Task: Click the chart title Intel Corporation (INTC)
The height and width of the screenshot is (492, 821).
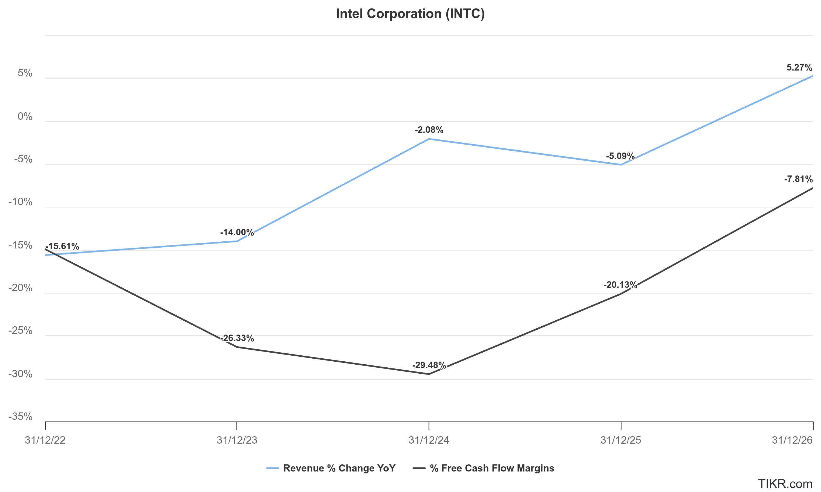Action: pos(410,14)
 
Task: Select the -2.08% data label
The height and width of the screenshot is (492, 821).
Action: pos(429,130)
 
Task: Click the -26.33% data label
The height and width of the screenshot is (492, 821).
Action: pos(237,338)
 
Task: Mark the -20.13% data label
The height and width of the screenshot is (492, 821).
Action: pos(620,285)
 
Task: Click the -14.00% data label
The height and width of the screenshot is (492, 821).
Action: pos(237,232)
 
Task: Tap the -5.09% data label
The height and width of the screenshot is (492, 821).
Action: pos(620,156)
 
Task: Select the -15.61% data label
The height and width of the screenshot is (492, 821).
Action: pos(62,247)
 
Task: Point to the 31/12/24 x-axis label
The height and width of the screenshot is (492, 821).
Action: pos(429,440)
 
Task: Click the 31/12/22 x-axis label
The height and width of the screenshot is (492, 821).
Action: pos(45,440)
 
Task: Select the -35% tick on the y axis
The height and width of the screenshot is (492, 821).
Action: pos(21,416)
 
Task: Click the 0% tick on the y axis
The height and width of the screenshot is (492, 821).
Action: pos(25,117)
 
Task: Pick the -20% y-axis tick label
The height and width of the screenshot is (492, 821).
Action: pos(21,288)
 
